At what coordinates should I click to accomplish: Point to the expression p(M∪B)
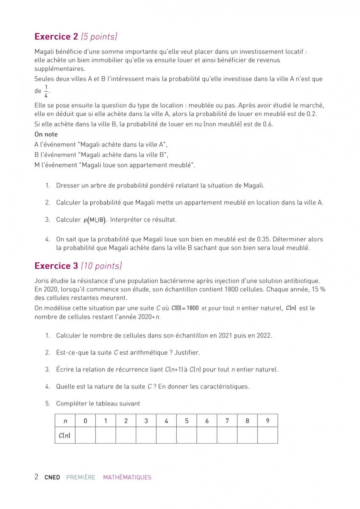95,220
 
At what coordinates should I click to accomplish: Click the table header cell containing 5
187,421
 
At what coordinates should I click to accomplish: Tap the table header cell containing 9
268,421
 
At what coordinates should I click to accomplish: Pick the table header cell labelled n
65,421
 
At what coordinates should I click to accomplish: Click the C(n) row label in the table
65,435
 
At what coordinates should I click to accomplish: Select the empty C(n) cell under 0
85,435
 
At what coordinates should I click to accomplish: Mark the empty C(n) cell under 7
227,435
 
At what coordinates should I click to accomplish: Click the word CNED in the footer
52,477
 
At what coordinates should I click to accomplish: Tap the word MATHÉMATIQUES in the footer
127,477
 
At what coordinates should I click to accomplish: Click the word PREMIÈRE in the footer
81,477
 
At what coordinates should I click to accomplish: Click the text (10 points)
101,266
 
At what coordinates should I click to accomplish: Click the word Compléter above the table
71,403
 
